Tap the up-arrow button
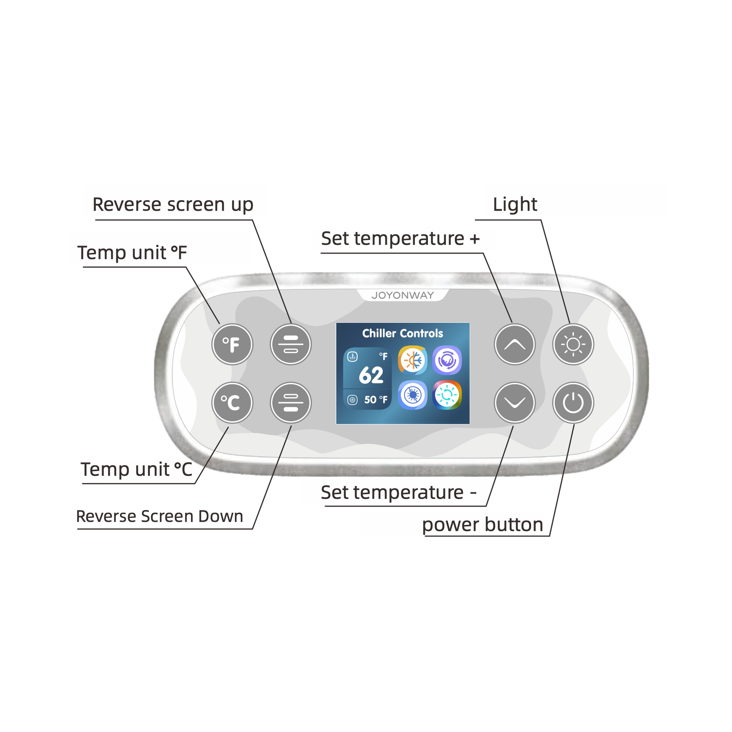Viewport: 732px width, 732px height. pos(514,344)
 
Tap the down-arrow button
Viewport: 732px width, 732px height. pos(514,402)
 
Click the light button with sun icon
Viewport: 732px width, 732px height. pos(573,344)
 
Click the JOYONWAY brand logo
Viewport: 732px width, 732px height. pos(402,295)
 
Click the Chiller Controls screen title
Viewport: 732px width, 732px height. pos(402,333)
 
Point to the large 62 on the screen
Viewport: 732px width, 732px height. pos(371,375)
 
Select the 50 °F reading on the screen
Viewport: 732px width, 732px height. pos(375,400)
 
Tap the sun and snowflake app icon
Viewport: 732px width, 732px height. pos(413,360)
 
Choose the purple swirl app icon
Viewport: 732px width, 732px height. pos(447,360)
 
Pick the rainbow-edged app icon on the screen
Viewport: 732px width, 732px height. pos(447,395)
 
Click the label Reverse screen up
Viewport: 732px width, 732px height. pos(173,205)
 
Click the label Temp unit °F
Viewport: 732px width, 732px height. pos(132,253)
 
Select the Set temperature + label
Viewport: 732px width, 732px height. pos(400,239)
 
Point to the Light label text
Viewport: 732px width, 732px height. pos(515,205)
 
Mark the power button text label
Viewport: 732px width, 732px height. pos(482,525)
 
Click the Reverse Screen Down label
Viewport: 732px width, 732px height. pos(159,516)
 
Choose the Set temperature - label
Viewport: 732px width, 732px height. pos(398,492)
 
